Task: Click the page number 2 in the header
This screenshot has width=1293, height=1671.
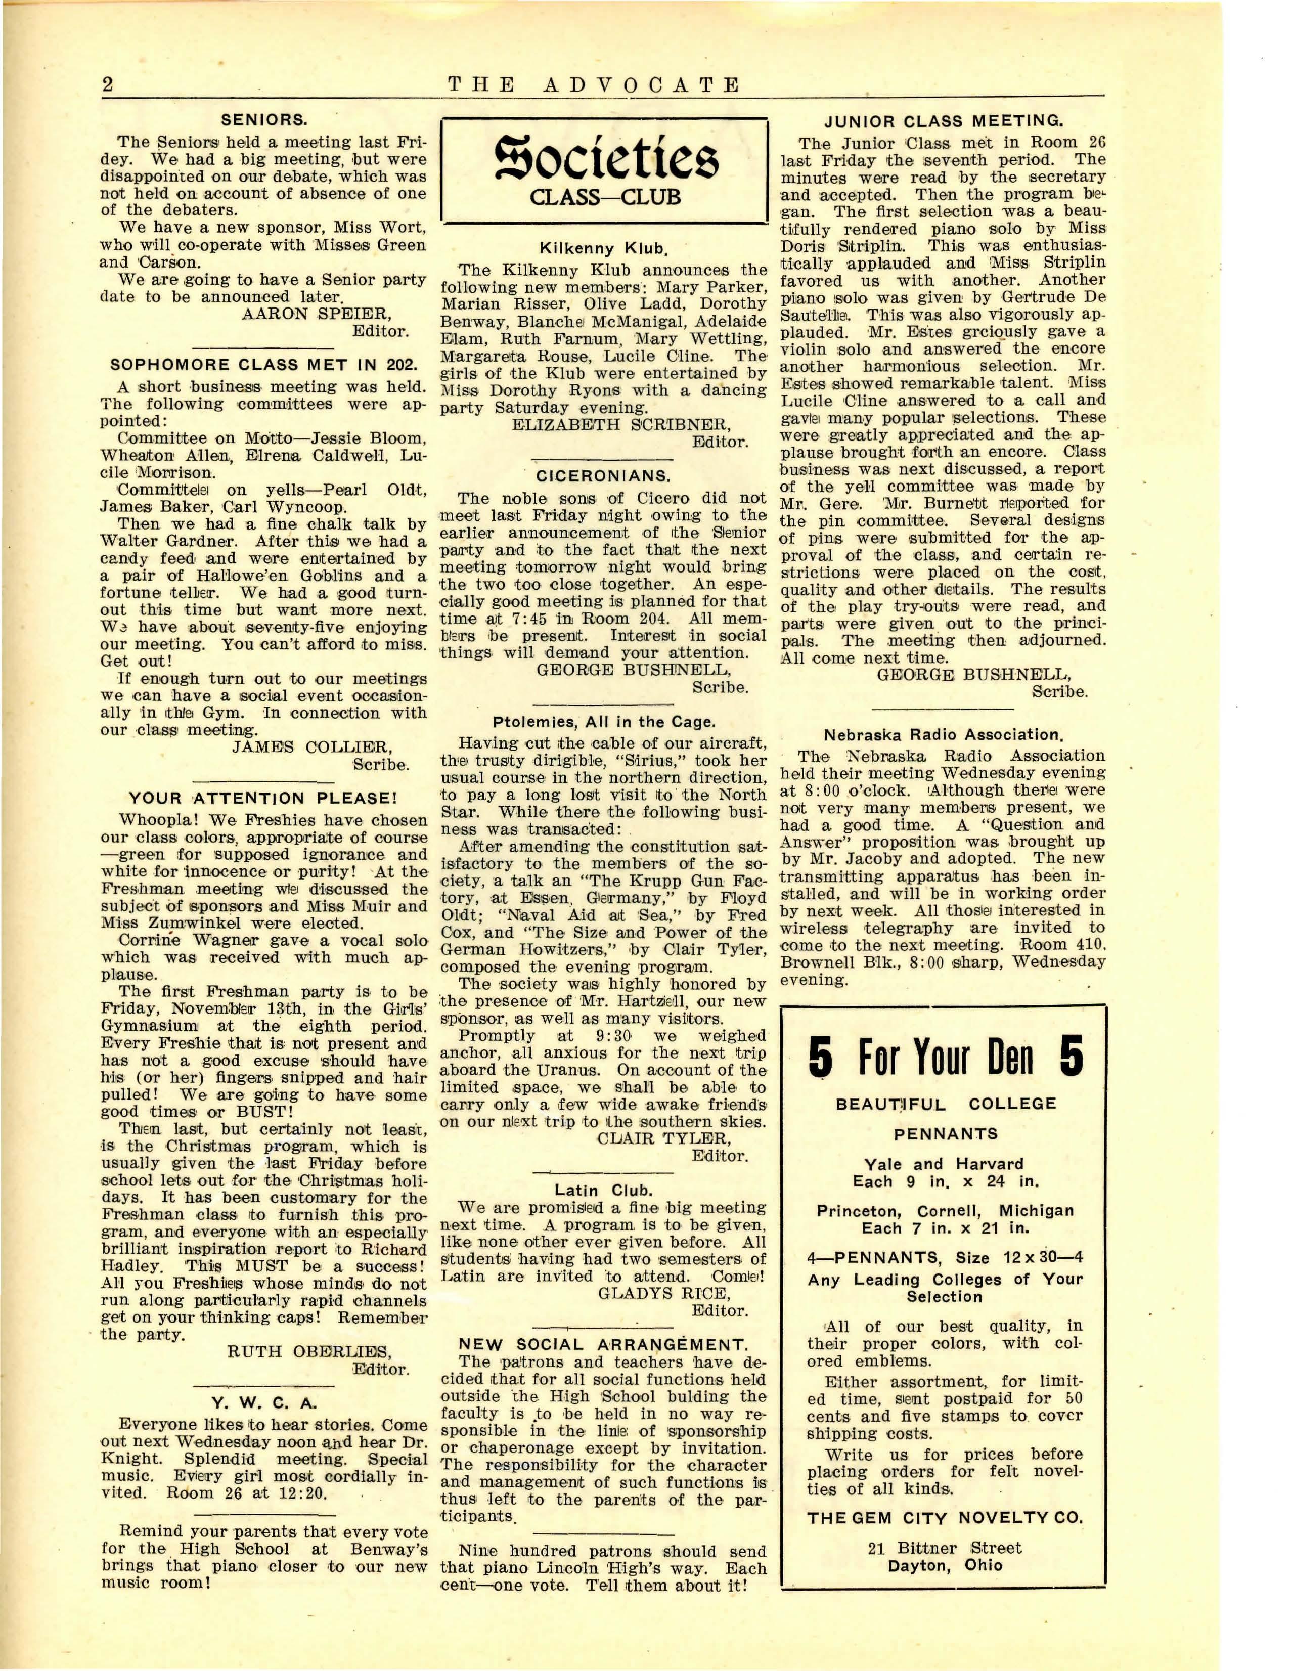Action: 107,85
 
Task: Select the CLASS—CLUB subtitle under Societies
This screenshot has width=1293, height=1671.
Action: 604,197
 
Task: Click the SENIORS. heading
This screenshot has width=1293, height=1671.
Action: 264,120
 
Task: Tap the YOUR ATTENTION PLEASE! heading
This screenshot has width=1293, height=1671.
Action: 264,799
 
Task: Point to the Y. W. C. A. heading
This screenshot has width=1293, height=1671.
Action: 264,1403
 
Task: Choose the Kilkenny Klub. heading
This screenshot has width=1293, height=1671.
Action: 604,249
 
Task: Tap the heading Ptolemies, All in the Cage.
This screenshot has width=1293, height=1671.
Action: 604,722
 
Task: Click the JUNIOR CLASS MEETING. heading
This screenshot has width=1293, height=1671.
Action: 944,121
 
